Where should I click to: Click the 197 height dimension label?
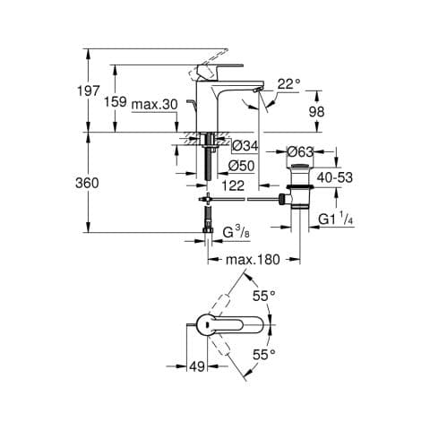click(88, 90)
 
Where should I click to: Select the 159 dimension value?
click(116, 102)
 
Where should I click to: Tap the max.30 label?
click(155, 105)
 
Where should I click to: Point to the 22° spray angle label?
click(288, 84)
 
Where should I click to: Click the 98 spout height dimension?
click(316, 112)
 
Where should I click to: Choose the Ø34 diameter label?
click(245, 146)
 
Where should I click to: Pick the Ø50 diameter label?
click(241, 166)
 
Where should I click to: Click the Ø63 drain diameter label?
click(300, 152)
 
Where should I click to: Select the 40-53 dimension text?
click(335, 177)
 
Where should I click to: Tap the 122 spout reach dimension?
click(233, 185)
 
